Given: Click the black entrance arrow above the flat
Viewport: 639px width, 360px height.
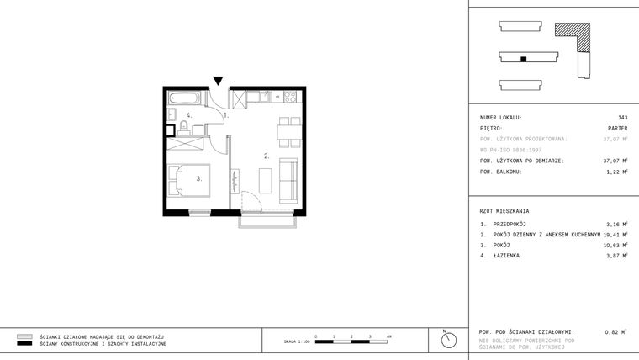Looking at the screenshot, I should (x=218, y=81).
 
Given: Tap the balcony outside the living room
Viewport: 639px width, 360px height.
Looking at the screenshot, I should (x=267, y=221).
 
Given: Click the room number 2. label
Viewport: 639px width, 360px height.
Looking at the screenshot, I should (x=267, y=156).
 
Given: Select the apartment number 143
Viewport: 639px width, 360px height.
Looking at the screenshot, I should (x=622, y=118).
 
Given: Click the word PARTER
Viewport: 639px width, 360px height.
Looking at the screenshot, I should (x=617, y=128).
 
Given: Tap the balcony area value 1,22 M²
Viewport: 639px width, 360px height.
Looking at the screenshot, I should (x=616, y=171).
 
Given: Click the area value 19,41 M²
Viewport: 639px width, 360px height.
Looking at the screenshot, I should (x=615, y=235).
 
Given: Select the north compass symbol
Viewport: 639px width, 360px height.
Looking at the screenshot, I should (x=449, y=339).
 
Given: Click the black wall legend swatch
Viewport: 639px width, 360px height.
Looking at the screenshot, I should (x=24, y=344).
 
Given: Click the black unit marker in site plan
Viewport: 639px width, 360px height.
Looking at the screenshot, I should (x=523, y=59).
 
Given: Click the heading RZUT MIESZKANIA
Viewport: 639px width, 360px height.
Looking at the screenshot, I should (x=504, y=211).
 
